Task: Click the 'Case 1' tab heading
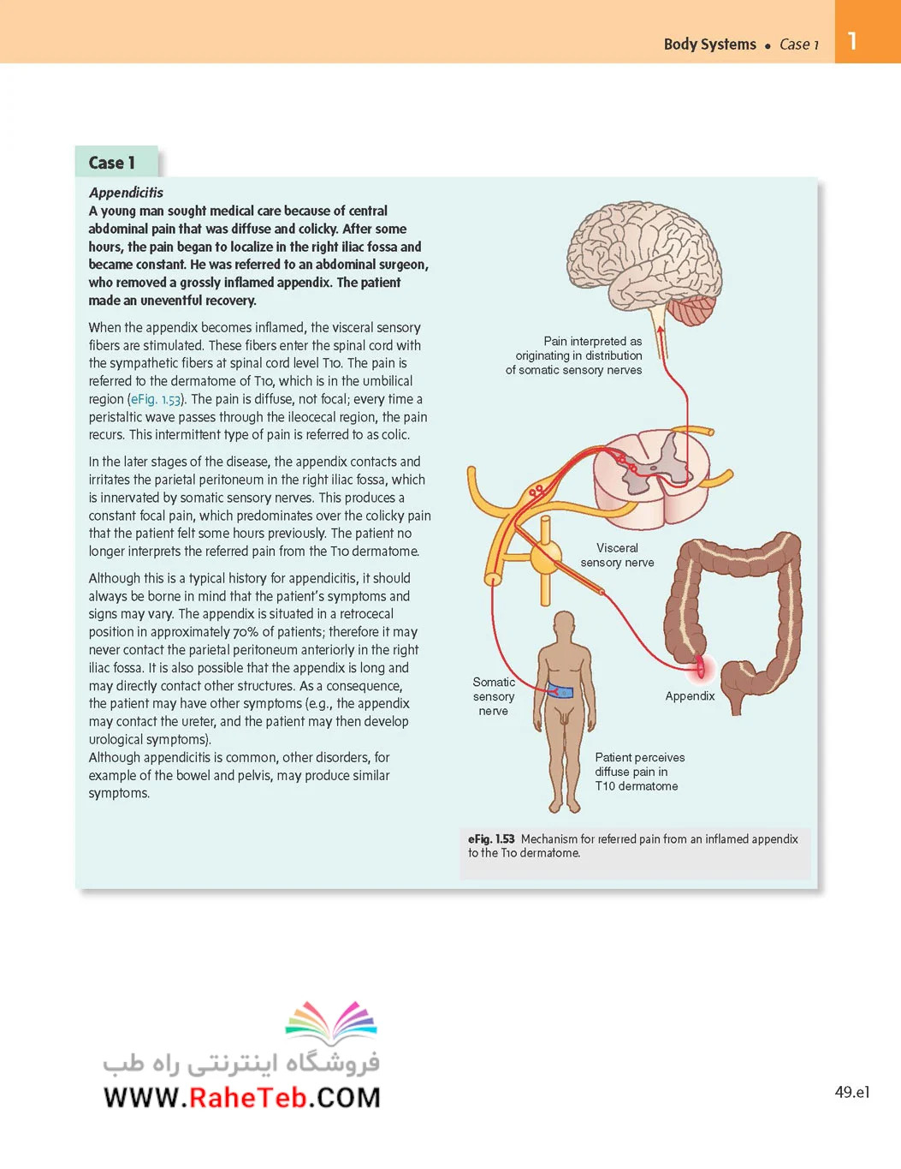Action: tap(112, 163)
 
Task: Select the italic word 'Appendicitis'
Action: tap(126, 193)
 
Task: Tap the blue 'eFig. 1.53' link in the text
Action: tap(156, 399)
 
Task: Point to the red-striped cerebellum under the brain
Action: tap(691, 311)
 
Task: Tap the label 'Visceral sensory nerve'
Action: tap(617, 555)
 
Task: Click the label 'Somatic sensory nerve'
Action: tap(494, 696)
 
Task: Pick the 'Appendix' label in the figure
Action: tap(690, 695)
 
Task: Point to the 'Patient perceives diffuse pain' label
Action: tap(639, 772)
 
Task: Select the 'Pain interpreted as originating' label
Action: tap(573, 355)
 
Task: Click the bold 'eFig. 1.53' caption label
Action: tap(491, 838)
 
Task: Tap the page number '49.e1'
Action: tap(852, 1092)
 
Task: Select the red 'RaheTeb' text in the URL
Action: tap(247, 1097)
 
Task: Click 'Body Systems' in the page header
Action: tap(709, 45)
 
